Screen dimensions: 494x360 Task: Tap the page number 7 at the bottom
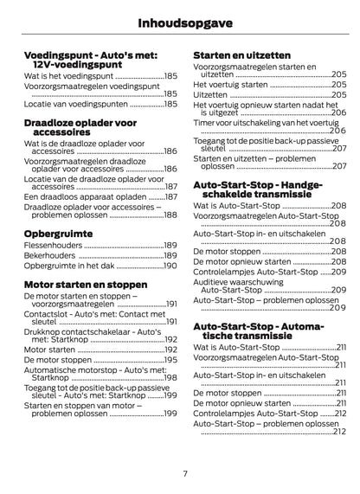coord(184,472)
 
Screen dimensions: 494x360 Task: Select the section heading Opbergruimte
coord(61,234)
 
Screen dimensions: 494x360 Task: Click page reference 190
coord(170,266)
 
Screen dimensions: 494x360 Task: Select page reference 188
coord(170,215)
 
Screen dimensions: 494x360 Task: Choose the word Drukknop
coord(42,333)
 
